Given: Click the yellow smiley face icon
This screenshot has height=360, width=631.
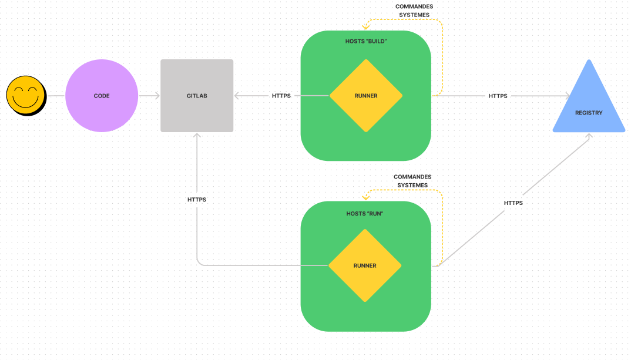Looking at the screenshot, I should (x=25, y=95).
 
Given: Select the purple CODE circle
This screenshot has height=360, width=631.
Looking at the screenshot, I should (x=102, y=96).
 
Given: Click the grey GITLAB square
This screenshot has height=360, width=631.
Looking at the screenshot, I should (x=197, y=96).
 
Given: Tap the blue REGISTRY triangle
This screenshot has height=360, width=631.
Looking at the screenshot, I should (x=589, y=106).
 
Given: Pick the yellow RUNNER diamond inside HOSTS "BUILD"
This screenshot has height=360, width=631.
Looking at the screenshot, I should (x=366, y=96).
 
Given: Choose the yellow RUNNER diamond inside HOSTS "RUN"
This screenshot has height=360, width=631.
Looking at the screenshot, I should (x=365, y=265).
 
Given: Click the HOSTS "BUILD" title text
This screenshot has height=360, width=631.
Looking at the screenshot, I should (x=366, y=42).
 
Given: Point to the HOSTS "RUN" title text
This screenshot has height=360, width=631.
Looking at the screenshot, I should (x=365, y=214).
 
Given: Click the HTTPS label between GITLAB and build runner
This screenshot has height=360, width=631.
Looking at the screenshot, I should (x=281, y=96).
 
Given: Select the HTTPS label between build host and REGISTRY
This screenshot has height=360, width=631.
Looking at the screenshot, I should (x=498, y=96).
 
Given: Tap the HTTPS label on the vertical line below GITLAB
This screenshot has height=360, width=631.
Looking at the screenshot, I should (x=197, y=200).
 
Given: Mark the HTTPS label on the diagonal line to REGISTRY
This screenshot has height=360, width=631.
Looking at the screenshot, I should (x=513, y=203).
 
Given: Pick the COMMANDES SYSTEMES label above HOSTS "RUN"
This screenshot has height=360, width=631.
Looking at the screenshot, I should (x=412, y=181).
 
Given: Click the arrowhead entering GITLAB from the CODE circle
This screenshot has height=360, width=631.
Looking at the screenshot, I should (x=157, y=96).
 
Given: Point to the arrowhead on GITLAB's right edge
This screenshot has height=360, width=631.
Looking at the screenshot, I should (x=237, y=96).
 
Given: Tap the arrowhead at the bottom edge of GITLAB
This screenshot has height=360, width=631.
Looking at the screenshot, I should (x=197, y=136).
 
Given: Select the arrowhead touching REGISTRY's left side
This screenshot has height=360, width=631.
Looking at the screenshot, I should (x=568, y=96).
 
